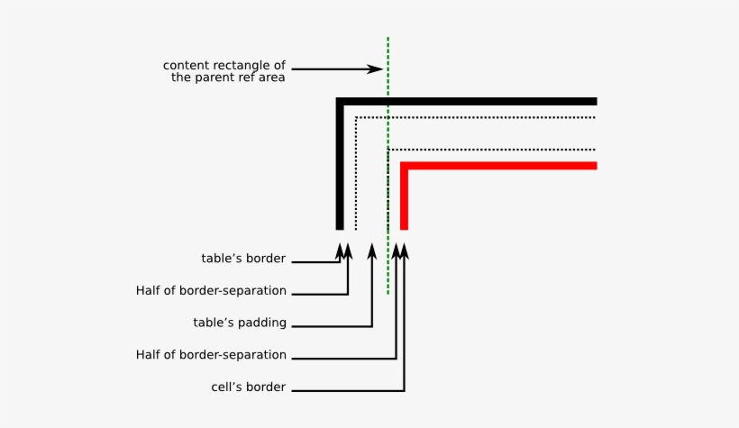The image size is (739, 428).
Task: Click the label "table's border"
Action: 243,259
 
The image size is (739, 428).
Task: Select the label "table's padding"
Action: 240,323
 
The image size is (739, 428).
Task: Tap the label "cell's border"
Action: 248,387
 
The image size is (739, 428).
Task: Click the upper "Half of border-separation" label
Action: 211,291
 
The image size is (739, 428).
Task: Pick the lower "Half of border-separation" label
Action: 211,355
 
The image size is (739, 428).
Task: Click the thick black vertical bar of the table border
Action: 340,171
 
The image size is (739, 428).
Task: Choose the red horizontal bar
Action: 505,166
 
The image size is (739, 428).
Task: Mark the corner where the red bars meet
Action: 405,166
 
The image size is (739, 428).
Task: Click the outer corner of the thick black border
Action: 340,101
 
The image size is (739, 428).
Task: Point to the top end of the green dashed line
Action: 388,40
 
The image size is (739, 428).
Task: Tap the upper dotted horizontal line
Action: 478,117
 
